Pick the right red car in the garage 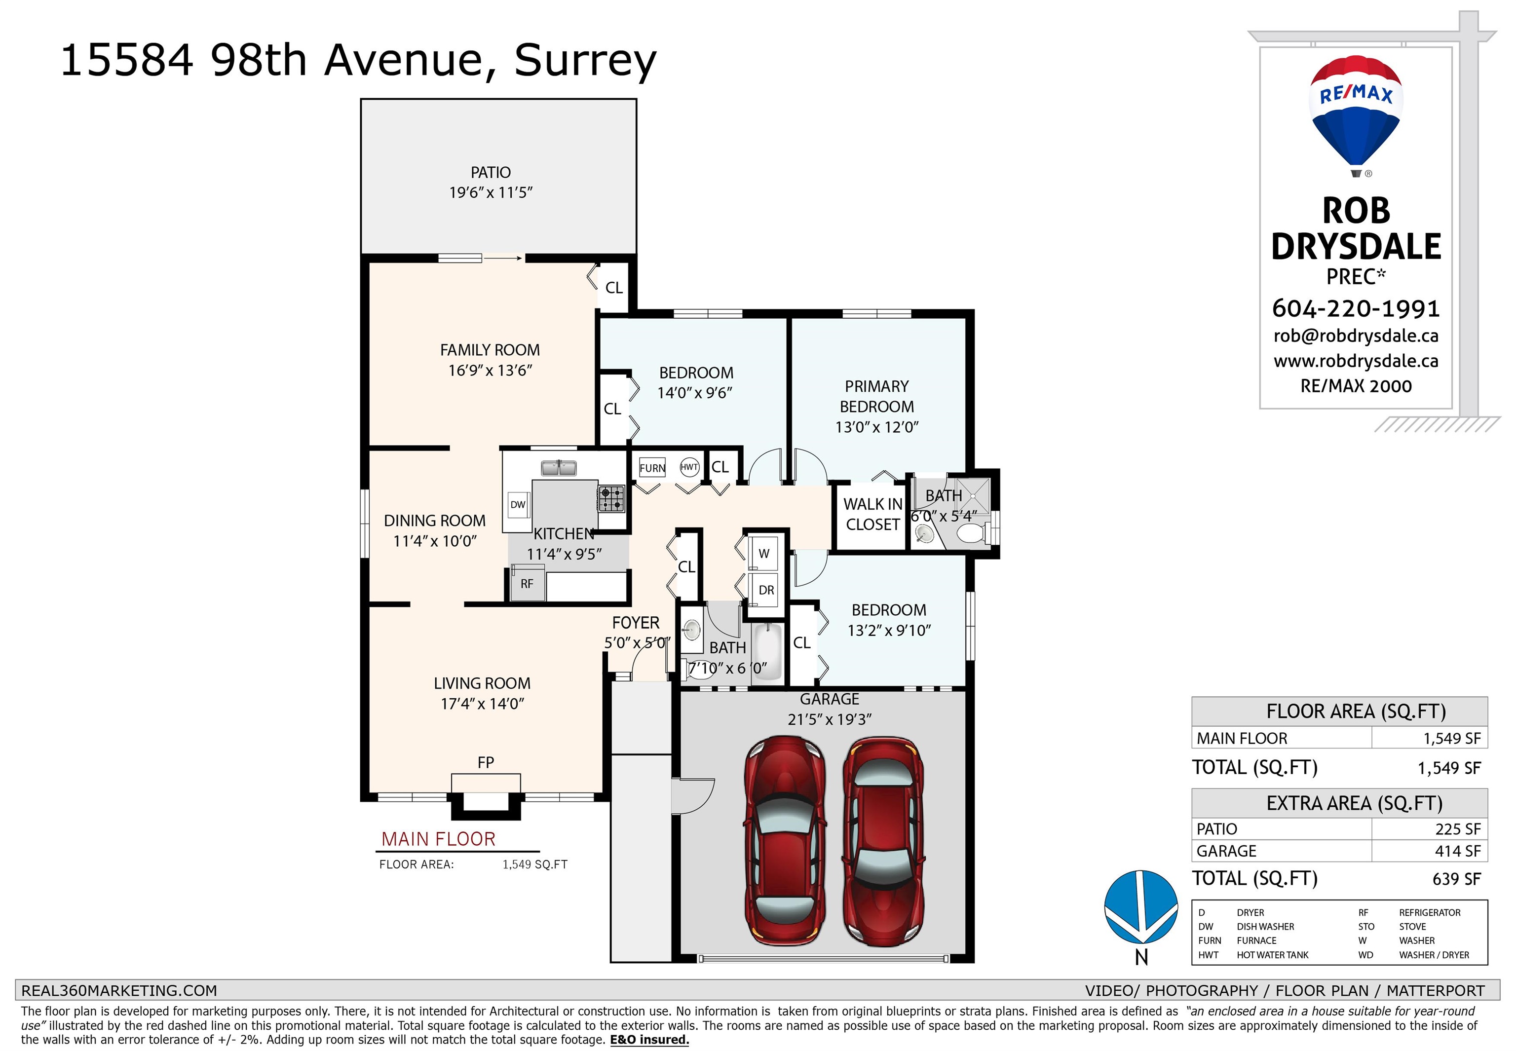(883, 840)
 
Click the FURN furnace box (652, 468)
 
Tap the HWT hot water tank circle (689, 467)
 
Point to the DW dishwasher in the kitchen (518, 504)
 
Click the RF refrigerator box (528, 584)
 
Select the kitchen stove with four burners (611, 498)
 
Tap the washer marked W (764, 553)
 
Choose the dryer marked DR (766, 590)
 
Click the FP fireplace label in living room (486, 762)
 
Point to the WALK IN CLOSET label (872, 514)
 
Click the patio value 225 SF (1457, 829)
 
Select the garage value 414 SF (1457, 852)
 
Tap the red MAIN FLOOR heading (438, 839)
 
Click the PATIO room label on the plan (491, 173)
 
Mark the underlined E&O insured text (649, 1040)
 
